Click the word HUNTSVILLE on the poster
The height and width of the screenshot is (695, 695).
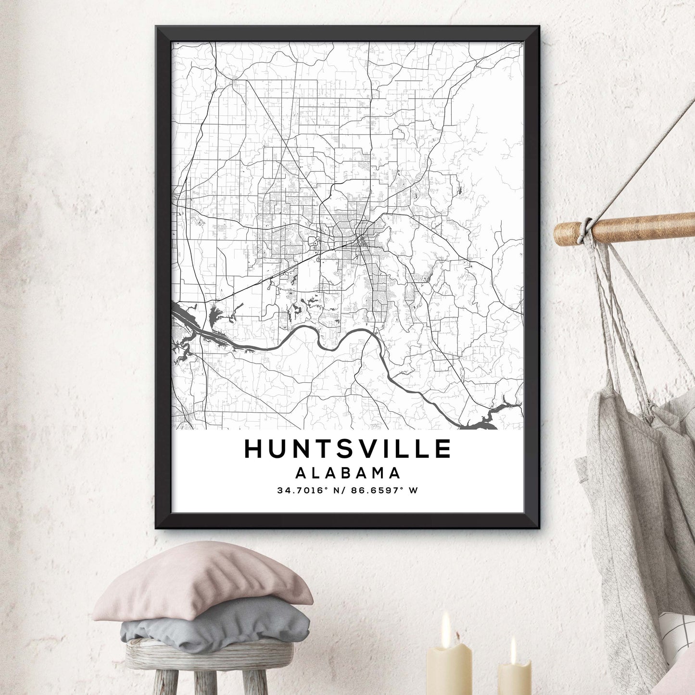[347, 449]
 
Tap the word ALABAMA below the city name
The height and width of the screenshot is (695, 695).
[347, 473]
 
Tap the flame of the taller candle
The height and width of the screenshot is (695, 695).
[446, 623]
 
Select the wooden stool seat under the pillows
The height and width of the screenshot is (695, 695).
[209, 654]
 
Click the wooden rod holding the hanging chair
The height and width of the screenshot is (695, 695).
[640, 228]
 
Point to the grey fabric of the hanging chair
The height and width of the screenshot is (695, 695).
[625, 481]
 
